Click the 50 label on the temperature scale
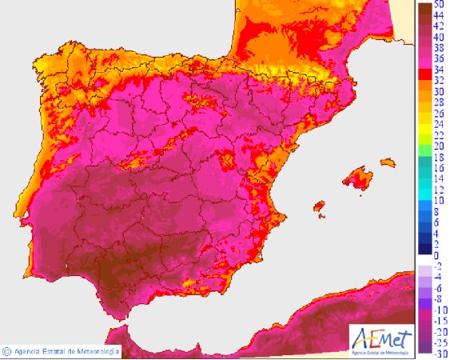(439, 5)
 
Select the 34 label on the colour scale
(439, 70)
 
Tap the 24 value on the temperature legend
(439, 125)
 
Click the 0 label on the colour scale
(436, 255)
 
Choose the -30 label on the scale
(439, 354)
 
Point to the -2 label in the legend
(437, 266)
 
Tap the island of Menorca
(388, 163)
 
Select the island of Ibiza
(320, 207)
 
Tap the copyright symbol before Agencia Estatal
(6, 350)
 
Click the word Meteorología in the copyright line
(97, 350)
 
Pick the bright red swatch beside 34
(424, 70)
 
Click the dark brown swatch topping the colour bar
(424, 7)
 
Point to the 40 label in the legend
(439, 37)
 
